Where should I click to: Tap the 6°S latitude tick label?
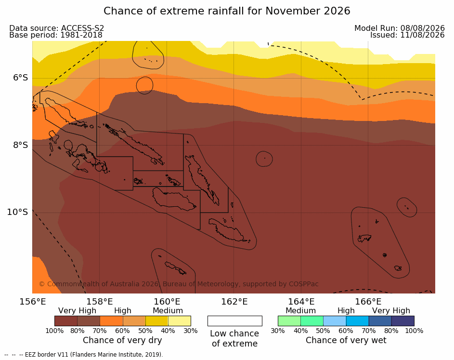[20, 78]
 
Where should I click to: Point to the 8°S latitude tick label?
[20, 145]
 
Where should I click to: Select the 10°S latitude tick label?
[18, 212]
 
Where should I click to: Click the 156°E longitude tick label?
[32, 302]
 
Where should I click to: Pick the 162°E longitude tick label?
[234, 302]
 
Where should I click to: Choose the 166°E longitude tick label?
[368, 302]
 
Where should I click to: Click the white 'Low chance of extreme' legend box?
[235, 321]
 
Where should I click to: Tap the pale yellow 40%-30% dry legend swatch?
[180, 321]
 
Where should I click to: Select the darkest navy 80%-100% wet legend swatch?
[403, 321]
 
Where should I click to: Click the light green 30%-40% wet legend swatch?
[289, 321]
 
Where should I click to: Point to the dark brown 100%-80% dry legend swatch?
[66, 321]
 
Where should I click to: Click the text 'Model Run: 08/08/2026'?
[400, 28]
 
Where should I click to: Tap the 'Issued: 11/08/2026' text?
[407, 35]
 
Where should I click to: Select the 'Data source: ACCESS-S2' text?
[56, 28]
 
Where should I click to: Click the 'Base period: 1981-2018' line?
[56, 35]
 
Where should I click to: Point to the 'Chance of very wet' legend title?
[346, 340]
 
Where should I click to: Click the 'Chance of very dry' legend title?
[122, 340]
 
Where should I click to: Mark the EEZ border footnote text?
[84, 355]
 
